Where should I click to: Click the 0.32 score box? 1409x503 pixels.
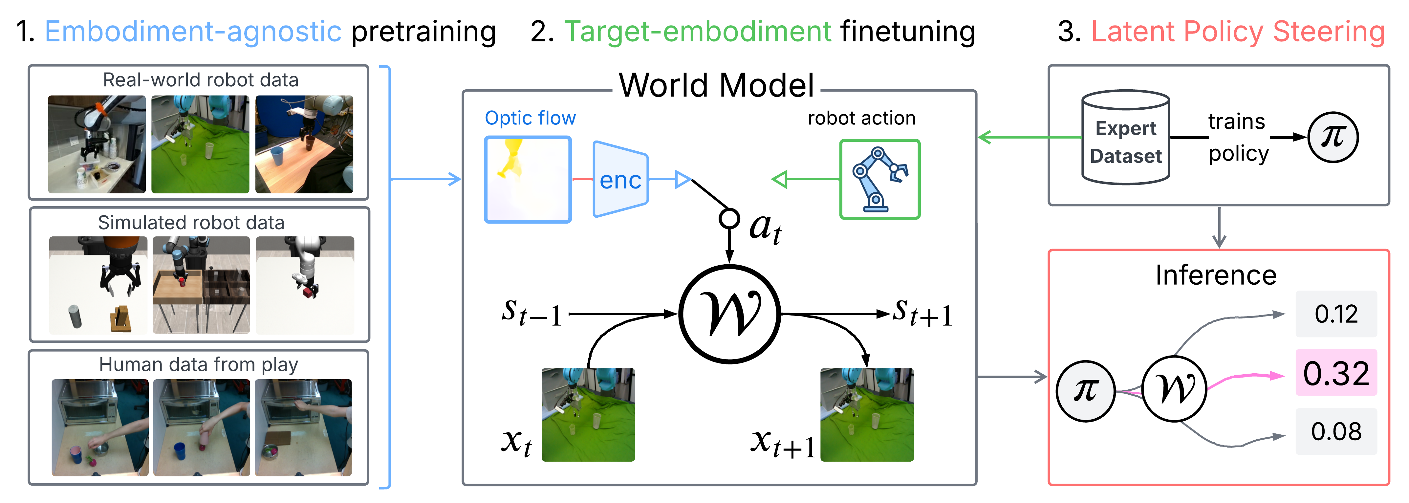pos(1336,373)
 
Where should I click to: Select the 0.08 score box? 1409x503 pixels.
pos(1336,431)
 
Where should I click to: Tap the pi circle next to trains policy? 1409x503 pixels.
pos(1333,137)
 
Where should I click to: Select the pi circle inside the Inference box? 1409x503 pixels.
pos(1085,391)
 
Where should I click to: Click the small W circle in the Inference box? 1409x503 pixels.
pos(1174,389)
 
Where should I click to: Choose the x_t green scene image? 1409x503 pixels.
pos(588,414)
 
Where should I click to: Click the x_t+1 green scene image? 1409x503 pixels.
pos(867,414)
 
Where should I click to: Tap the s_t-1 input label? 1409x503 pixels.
pos(531,313)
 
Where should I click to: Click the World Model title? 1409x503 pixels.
pos(717,85)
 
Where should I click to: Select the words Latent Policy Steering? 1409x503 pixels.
pos(1238,31)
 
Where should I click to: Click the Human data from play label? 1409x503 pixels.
pos(199,364)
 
